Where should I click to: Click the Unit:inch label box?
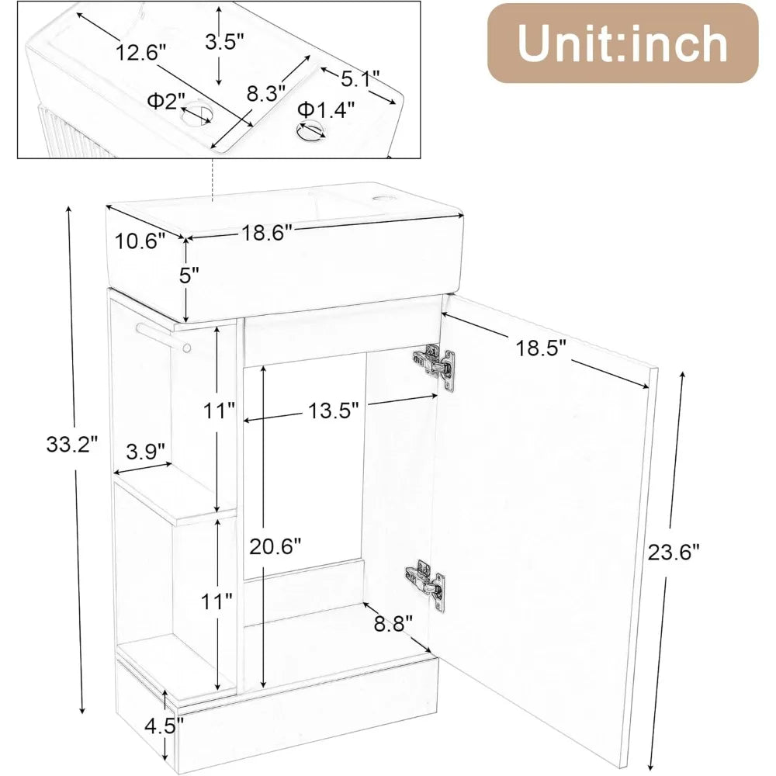coord(622,43)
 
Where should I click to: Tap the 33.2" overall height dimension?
coord(71,445)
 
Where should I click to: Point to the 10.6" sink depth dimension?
coord(140,241)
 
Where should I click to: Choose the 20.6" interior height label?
coord(274,546)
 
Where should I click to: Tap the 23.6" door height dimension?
coord(674,552)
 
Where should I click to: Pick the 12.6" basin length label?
coord(141,52)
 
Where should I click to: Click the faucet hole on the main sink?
coord(379,200)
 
